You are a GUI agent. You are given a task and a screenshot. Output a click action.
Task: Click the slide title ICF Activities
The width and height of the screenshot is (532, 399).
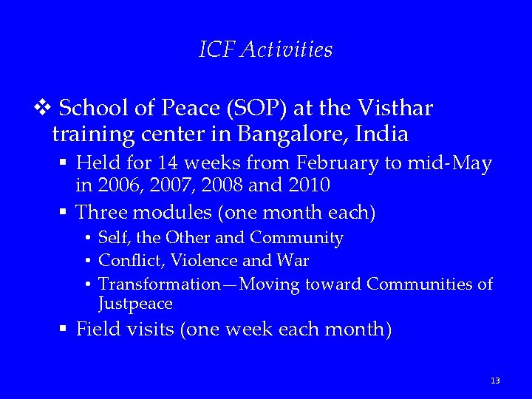click(x=266, y=50)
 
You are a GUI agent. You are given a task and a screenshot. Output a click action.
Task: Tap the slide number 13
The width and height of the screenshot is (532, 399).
click(x=495, y=381)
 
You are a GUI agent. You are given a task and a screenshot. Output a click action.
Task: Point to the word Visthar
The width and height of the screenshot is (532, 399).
click(x=395, y=109)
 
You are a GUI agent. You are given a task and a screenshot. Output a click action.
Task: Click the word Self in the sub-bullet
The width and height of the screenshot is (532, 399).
click(x=112, y=238)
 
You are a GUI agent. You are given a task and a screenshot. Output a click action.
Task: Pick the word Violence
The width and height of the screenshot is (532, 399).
click(x=194, y=261)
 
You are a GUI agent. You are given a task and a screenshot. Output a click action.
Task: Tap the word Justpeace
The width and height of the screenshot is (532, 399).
click(x=135, y=304)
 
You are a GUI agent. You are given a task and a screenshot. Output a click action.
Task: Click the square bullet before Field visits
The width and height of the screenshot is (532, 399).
click(x=64, y=329)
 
